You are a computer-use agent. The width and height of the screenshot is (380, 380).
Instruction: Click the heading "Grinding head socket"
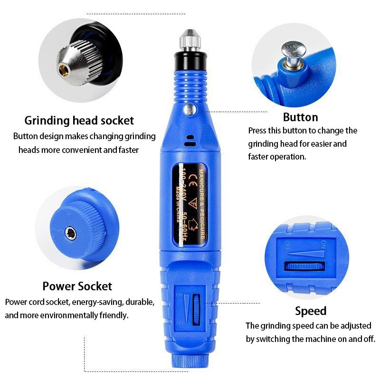coord(79,120)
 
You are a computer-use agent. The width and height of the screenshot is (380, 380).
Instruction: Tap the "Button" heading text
coord(300,117)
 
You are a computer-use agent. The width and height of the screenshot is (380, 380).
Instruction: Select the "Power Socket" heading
coord(77,286)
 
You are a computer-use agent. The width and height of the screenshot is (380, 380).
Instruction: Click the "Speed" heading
coord(311,311)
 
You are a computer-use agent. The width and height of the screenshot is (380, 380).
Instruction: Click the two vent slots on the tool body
coord(190,140)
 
